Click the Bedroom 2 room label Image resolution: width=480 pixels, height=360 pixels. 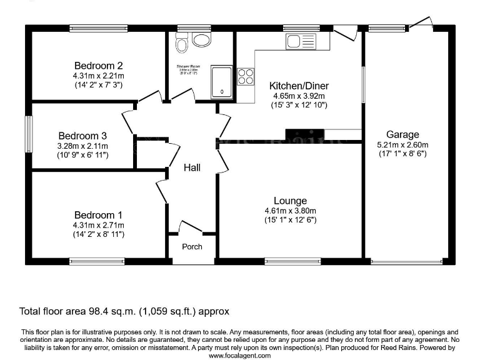click(x=98, y=66)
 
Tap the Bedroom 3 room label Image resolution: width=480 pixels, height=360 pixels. click(x=82, y=136)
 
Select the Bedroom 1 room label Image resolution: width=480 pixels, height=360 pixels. click(x=98, y=215)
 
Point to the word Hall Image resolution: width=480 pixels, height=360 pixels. click(x=192, y=167)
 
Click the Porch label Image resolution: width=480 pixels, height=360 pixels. click(x=192, y=247)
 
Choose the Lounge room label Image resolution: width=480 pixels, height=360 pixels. click(x=291, y=201)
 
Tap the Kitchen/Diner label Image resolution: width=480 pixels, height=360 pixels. click(x=299, y=86)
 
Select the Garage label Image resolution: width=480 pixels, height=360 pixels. click(x=402, y=134)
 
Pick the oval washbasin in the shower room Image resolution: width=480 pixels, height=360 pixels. click(x=202, y=41)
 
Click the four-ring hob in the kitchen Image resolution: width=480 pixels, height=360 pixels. click(x=246, y=76)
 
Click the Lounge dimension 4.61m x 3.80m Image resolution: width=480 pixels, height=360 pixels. click(x=291, y=211)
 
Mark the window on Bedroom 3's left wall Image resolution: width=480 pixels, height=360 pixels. click(x=29, y=134)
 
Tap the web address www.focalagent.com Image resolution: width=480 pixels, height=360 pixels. click(x=240, y=355)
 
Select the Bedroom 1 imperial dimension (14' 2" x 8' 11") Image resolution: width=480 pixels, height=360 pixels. click(x=98, y=234)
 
